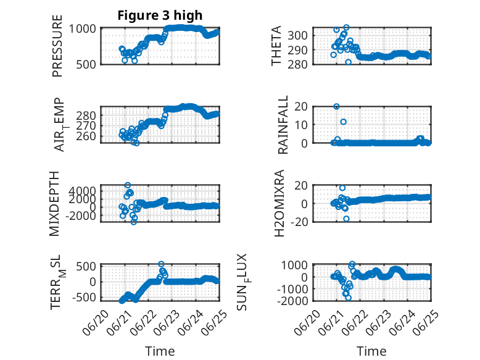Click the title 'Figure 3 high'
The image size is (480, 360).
click(160, 15)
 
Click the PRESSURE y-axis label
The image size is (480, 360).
click(57, 46)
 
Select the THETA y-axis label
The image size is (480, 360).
click(276, 46)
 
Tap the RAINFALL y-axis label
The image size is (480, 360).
click(283, 124)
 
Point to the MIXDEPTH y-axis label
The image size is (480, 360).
click(54, 203)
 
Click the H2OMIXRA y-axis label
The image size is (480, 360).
click(279, 203)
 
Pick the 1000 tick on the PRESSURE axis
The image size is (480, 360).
click(82, 29)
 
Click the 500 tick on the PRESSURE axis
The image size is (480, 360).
click(86, 64)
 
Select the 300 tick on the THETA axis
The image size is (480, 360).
click(297, 36)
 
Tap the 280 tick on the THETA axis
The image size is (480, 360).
click(297, 64)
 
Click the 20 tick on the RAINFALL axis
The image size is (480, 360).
click(301, 107)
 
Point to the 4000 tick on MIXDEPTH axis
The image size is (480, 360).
click(82, 191)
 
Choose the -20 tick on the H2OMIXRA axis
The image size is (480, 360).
click(299, 222)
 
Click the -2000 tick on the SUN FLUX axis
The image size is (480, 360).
click(292, 301)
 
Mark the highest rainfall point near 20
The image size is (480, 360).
click(336, 107)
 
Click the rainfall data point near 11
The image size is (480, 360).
click(344, 122)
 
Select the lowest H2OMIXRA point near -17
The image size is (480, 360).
click(346, 219)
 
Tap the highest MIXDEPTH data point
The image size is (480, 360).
click(128, 185)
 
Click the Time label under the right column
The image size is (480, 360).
click(371, 351)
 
